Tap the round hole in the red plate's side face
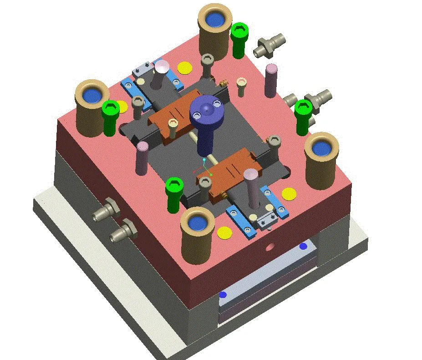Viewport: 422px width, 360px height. (x=271, y=247)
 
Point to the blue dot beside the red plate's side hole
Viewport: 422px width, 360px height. (x=303, y=246)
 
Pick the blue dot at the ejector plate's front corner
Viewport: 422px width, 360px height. (x=223, y=295)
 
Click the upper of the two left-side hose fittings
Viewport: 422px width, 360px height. (x=106, y=211)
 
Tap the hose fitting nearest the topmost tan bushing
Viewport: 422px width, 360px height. (x=269, y=45)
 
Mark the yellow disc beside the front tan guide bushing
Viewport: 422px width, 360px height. (x=224, y=232)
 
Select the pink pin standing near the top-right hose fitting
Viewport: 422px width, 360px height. (x=270, y=81)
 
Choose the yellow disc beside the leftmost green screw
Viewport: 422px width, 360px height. (x=121, y=107)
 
